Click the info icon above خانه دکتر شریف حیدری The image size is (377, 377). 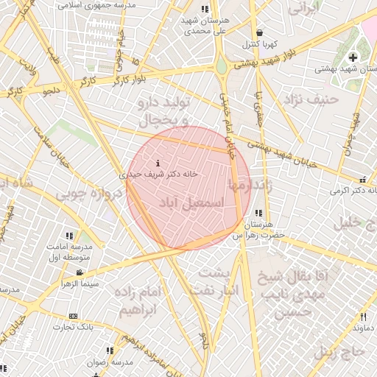coord(158,162)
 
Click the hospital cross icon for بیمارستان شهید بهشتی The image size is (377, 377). coord(353,57)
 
